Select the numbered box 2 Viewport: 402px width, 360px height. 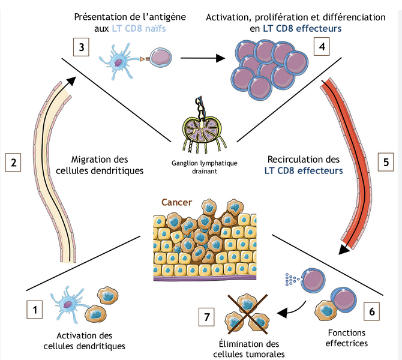[13, 161]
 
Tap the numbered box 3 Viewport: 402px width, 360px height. [81, 47]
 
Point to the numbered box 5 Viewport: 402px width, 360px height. [386, 161]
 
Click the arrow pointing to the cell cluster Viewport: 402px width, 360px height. [201, 59]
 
